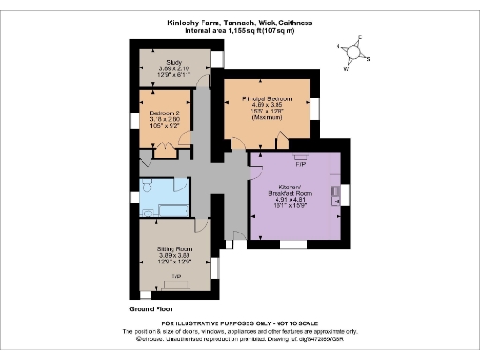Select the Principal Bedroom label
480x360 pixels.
click(269, 98)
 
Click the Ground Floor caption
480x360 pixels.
click(152, 307)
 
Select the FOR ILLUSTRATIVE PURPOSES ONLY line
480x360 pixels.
click(239, 323)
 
